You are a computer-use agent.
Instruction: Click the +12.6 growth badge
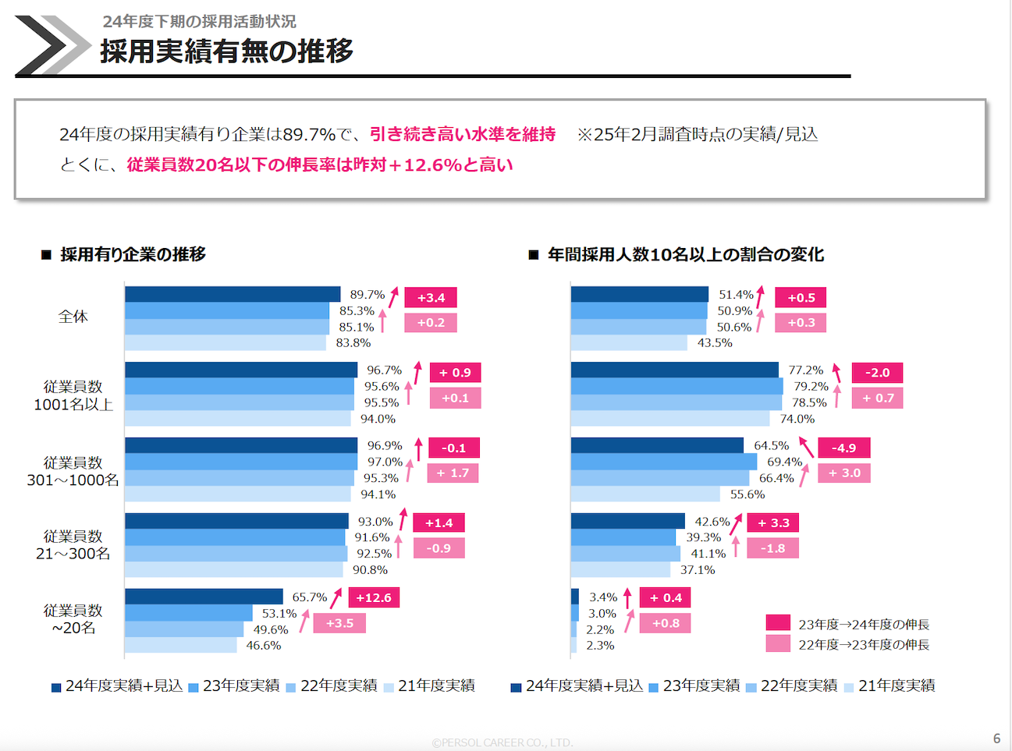tap(374, 598)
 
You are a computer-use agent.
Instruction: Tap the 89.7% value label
tap(367, 295)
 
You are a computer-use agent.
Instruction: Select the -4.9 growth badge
tap(843, 448)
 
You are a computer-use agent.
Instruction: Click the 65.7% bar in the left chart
tap(204, 597)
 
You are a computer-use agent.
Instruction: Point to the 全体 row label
tap(73, 317)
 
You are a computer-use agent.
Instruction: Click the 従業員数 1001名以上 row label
tap(73, 395)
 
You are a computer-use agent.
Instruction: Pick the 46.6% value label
tap(264, 646)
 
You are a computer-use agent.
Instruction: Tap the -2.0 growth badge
tap(877, 373)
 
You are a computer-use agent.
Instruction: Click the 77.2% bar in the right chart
tap(674, 370)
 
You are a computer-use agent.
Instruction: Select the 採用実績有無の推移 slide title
tap(226, 51)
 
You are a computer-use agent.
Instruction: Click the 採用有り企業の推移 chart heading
tap(133, 254)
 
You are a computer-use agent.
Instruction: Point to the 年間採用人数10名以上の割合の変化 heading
tap(685, 254)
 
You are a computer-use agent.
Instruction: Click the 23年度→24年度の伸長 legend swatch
tap(778, 623)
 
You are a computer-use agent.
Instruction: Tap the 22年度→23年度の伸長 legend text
tap(864, 644)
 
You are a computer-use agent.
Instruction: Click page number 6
tap(996, 738)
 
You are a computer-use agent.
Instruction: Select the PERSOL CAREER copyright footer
tap(502, 742)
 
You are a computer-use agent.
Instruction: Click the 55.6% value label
tap(747, 494)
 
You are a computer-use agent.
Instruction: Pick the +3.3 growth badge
tap(773, 523)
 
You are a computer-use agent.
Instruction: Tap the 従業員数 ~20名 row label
tap(73, 619)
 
